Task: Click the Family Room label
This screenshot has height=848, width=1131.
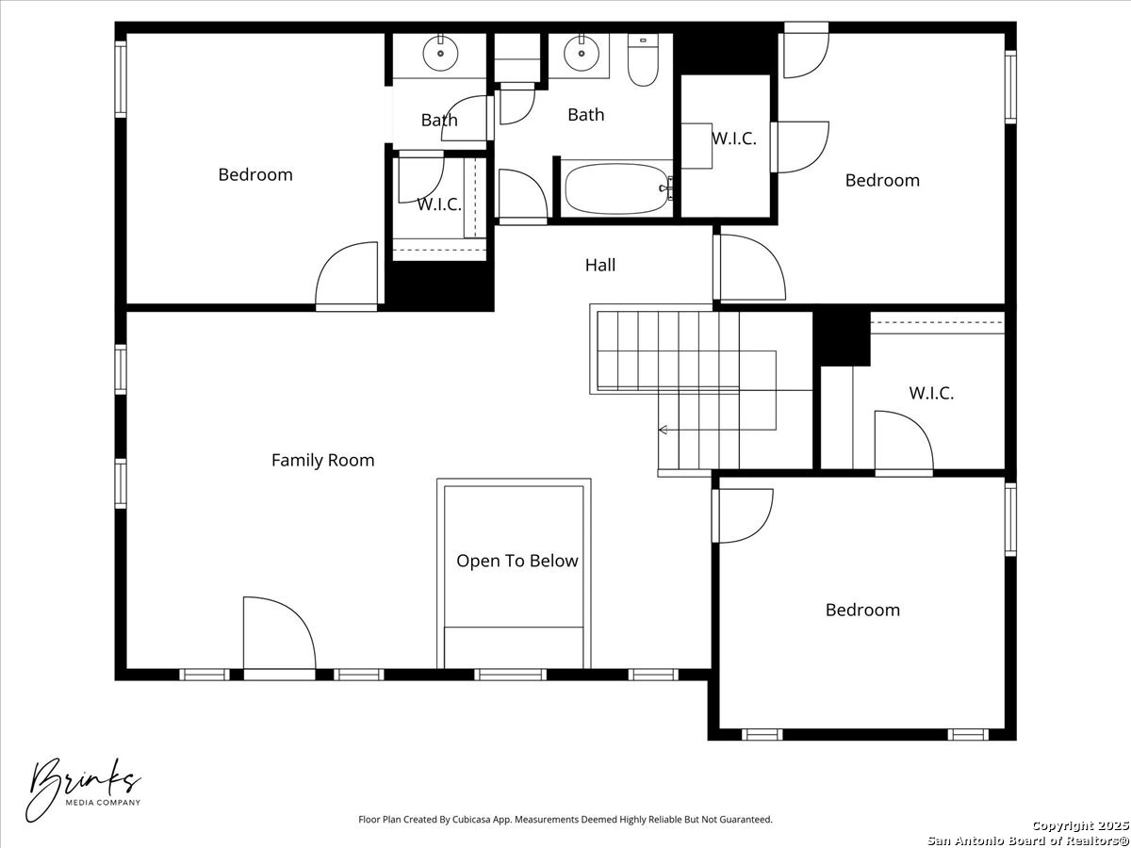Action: (322, 460)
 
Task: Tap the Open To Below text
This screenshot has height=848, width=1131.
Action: (516, 561)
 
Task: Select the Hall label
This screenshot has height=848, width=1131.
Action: (599, 265)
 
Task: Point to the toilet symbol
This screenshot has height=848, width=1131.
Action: (643, 59)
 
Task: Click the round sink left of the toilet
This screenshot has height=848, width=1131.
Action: (582, 53)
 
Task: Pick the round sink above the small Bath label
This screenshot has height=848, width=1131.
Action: (440, 53)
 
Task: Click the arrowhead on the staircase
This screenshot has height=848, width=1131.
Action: (663, 430)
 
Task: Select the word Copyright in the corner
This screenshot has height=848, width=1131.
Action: (1062, 825)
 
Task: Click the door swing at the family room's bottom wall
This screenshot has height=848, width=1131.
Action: (279, 634)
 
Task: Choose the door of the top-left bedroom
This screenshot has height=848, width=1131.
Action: (346, 274)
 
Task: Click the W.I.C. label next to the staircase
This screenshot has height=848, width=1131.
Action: (931, 393)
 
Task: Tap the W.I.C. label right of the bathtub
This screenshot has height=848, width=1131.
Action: (733, 138)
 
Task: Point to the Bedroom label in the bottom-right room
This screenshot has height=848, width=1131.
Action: (862, 611)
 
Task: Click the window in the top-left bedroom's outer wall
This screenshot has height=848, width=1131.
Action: (121, 78)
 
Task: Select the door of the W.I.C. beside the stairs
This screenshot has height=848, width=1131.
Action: (904, 441)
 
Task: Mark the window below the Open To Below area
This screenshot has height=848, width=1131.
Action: (510, 675)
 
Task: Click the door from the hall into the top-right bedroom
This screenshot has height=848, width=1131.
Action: (749, 268)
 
